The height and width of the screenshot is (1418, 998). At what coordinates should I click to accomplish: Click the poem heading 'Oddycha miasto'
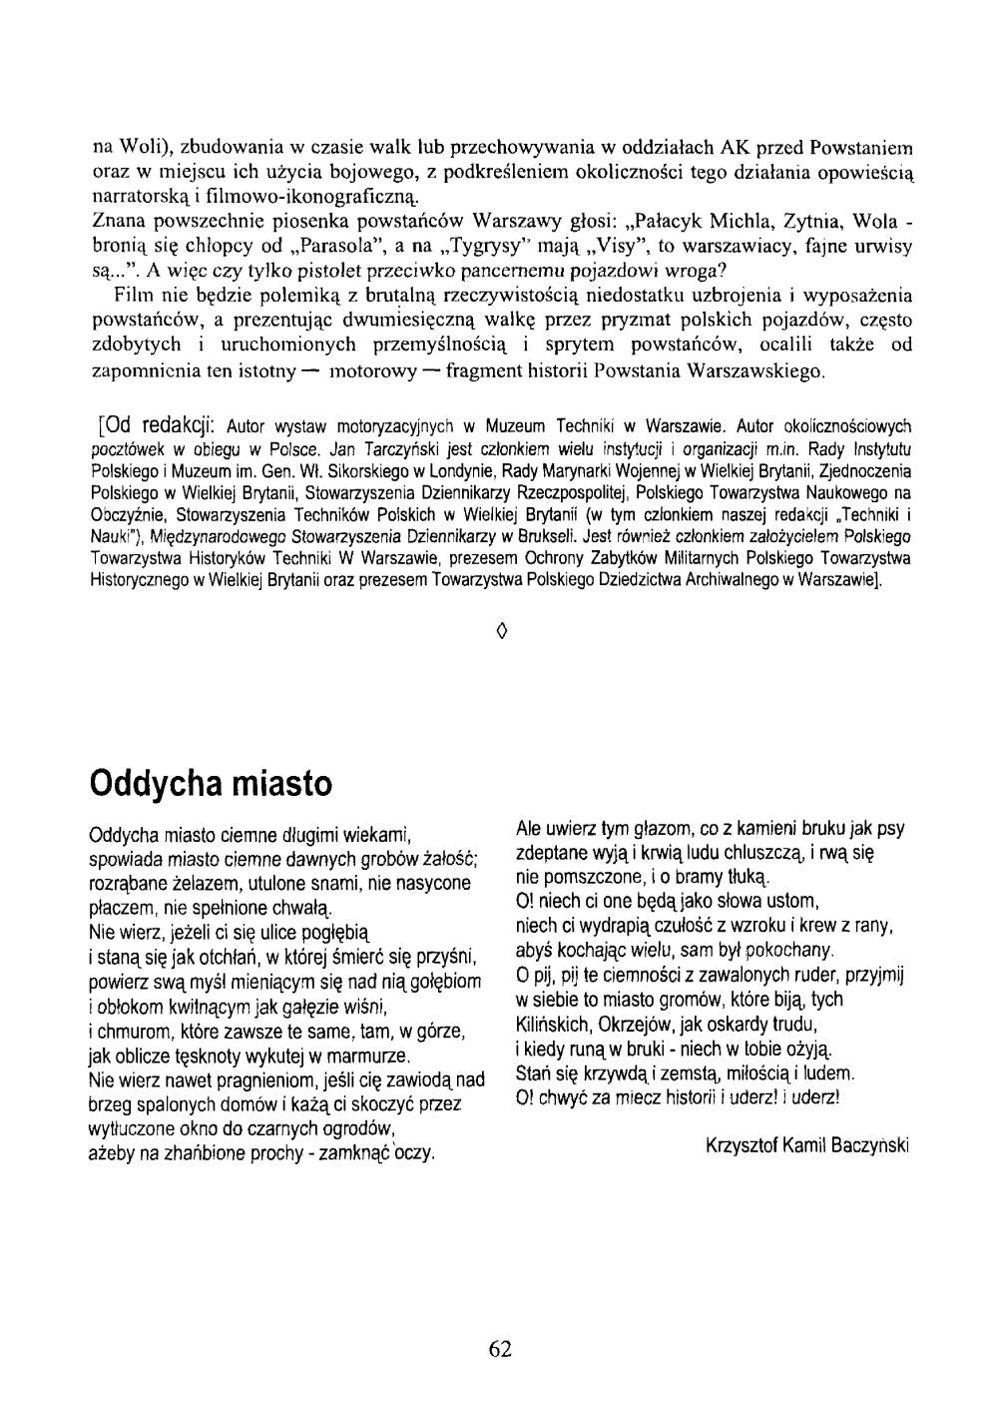point(210,782)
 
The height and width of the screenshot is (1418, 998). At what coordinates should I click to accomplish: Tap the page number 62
point(500,1349)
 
